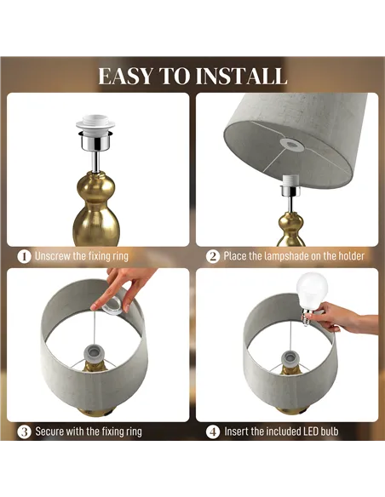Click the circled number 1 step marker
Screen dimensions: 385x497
tap(24, 256)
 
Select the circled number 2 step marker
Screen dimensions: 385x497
tap(212, 256)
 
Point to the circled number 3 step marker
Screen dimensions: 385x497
tap(24, 431)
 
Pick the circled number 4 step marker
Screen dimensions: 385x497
tap(212, 431)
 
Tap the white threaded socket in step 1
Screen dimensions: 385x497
tap(95, 124)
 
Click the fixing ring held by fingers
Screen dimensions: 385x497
tap(112, 307)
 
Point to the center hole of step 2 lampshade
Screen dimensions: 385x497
tap(290, 145)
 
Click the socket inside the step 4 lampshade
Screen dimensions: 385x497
tap(291, 360)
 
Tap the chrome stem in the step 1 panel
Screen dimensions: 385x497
tap(95, 162)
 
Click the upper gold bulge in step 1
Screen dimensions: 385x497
tap(95, 186)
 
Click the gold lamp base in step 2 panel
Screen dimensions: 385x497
tap(290, 229)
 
